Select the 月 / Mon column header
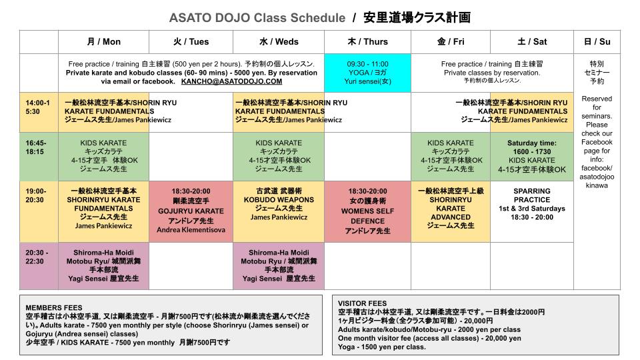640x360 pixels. coord(103,41)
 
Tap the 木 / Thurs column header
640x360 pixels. coord(367,41)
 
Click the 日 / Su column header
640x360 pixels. coord(597,41)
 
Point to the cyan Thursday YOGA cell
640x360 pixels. coord(367,73)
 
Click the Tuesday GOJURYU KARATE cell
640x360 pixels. coord(191,211)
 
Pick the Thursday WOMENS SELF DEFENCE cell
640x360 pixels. coord(367,211)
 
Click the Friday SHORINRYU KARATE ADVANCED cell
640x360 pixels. coord(450,208)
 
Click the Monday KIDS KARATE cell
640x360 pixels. coord(103,156)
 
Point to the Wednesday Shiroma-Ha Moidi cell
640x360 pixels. coord(279,266)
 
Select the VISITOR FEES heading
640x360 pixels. coord(362,303)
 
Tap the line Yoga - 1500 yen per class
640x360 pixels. coord(382,347)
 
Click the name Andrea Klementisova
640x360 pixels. coord(191,230)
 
